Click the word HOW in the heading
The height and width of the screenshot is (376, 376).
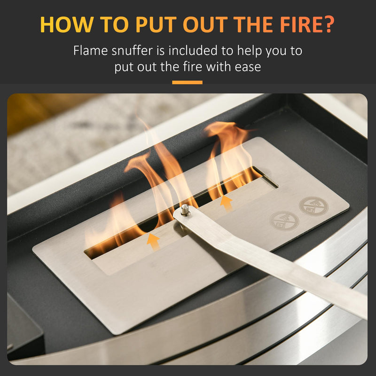pos(67,24)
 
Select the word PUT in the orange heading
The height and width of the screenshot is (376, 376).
pos(156,24)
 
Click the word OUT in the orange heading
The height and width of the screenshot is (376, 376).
pos(205,24)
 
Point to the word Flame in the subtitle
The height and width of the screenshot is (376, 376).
pos(90,51)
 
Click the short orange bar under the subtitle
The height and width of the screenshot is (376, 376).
pos(187,83)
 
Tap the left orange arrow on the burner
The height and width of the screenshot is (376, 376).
pos(154,242)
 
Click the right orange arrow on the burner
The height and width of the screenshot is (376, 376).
pos(226,203)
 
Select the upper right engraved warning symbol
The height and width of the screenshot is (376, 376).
pos(313,206)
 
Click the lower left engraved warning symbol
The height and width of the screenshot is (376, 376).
pos(284,221)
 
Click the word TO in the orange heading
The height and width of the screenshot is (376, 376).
pos(114,24)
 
